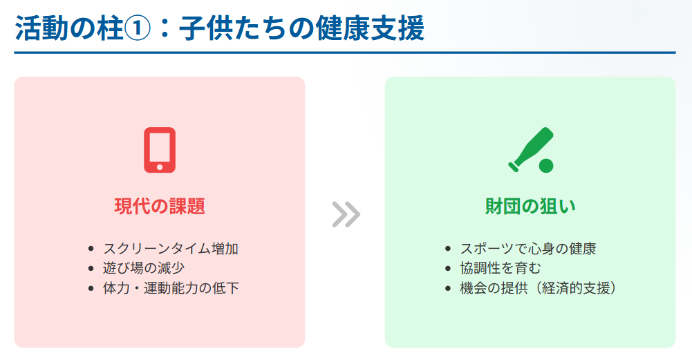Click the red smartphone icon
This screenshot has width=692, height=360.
pos(160,150)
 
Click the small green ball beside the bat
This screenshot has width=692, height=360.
pos(546,165)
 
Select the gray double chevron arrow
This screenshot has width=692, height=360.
pos(346,214)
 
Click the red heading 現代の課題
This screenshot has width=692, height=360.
pos(160,206)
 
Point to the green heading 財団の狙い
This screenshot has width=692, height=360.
pos(530,206)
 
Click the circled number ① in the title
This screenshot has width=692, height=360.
pos(138,29)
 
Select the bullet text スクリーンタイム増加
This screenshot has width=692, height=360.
pos(171,249)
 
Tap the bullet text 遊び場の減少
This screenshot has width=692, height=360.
pos(144,268)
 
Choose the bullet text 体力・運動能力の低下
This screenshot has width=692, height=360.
pos(171,288)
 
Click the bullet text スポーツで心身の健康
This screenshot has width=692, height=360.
pos(528,249)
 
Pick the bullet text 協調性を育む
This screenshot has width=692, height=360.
pos(501,268)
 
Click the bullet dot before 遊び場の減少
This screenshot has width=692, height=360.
pos(91,269)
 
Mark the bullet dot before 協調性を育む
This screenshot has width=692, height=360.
pos(448,269)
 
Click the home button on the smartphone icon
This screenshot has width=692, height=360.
pos(160,167)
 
